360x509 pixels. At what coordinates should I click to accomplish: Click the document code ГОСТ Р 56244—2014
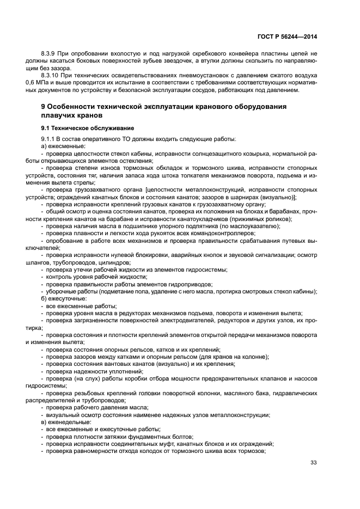click(286, 36)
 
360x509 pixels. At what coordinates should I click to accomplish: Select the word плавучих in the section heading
click(58, 115)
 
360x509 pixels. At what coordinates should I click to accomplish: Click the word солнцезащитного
click(206, 154)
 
